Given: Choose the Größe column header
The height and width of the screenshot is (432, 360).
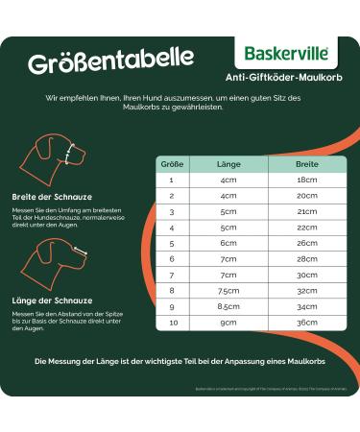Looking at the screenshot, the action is click(x=171, y=163).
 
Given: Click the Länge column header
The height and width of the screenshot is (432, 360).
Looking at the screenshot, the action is click(x=228, y=163).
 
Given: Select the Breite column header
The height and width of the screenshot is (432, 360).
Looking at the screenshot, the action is click(x=307, y=163).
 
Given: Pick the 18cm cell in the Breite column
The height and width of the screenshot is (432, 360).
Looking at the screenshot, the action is click(x=307, y=180).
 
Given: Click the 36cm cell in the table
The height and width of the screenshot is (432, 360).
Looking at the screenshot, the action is click(x=307, y=322).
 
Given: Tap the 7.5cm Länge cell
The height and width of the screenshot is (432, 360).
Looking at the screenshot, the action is click(x=228, y=290).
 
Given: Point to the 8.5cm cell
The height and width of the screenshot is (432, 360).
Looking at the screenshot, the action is click(x=228, y=306).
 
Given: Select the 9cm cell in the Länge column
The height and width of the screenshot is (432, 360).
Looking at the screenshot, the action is click(x=228, y=322).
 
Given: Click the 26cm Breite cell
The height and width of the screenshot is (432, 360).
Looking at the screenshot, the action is click(x=307, y=243).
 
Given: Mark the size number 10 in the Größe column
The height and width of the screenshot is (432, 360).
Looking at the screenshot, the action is click(x=171, y=322).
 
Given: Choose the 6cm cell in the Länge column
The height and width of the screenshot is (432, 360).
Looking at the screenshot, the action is click(x=228, y=243).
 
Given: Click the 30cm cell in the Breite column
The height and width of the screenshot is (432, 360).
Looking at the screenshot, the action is click(x=307, y=275).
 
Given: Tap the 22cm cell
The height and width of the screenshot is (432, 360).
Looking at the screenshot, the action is click(x=307, y=228).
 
